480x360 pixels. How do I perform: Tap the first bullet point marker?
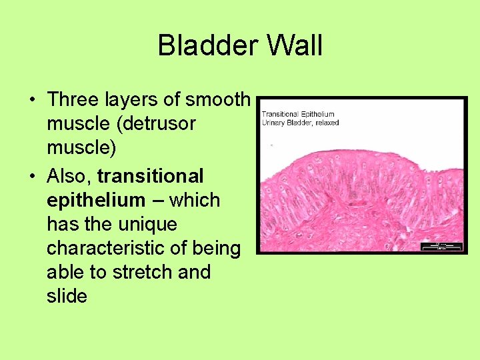pyautogui.click(x=32, y=101)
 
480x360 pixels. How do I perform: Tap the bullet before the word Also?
pyautogui.click(x=32, y=177)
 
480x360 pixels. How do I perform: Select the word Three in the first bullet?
pyautogui.click(x=73, y=100)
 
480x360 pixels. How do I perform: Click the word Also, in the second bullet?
pyautogui.click(x=69, y=177)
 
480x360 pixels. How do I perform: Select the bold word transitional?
pyautogui.click(x=150, y=177)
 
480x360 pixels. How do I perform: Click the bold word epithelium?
pyautogui.click(x=95, y=201)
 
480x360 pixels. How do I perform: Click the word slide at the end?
pyautogui.click(x=67, y=297)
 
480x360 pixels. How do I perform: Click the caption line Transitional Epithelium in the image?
pyautogui.click(x=297, y=114)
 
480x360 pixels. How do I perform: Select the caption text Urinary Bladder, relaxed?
pyautogui.click(x=300, y=123)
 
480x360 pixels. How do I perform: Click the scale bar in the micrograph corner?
pyautogui.click(x=441, y=246)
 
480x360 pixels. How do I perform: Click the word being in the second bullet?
pyautogui.click(x=217, y=249)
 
